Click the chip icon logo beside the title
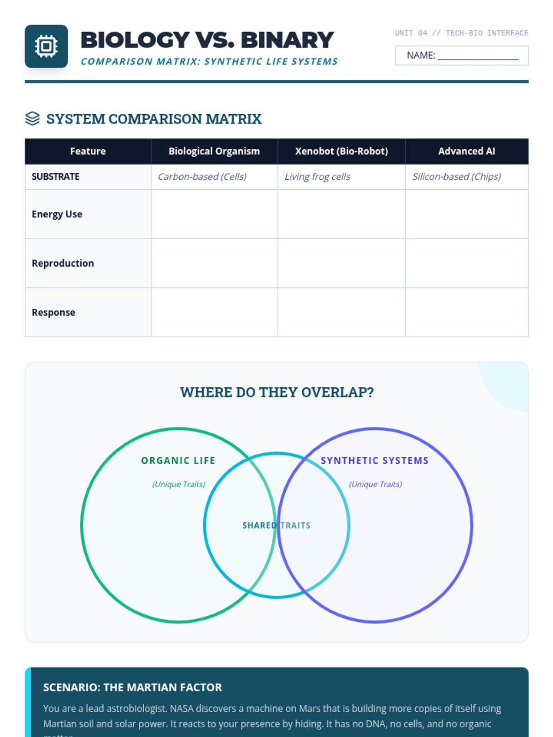pyautogui.click(x=46, y=46)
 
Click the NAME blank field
pyautogui.click(x=477, y=56)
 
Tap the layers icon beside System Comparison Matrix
pyautogui.click(x=32, y=118)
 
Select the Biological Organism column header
pyautogui.click(x=214, y=151)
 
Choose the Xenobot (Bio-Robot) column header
pyautogui.click(x=341, y=151)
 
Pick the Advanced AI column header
pyautogui.click(x=466, y=151)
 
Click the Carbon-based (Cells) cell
pyautogui.click(x=202, y=176)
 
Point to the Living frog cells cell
pyautogui.click(x=317, y=176)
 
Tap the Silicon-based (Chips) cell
pyautogui.click(x=456, y=176)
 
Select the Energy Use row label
pyautogui.click(x=57, y=214)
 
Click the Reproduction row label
pyautogui.click(x=63, y=263)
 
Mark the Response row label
pyautogui.click(x=53, y=312)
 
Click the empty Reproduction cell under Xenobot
pyautogui.click(x=341, y=263)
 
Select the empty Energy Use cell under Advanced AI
pyautogui.click(x=466, y=214)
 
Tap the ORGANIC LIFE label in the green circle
pyautogui.click(x=178, y=461)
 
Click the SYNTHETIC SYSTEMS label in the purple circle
pyautogui.click(x=375, y=461)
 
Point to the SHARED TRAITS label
pyautogui.click(x=276, y=526)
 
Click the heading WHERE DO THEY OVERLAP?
pyautogui.click(x=276, y=392)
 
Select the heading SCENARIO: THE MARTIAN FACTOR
pyautogui.click(x=132, y=687)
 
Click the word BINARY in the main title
pyautogui.click(x=287, y=40)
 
